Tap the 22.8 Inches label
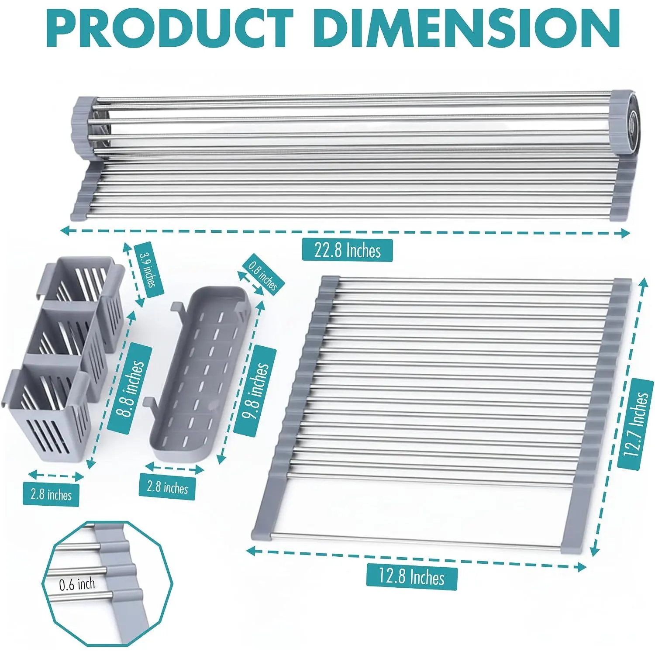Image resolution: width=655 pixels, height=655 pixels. pyautogui.click(x=348, y=251)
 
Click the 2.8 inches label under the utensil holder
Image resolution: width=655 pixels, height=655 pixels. pyautogui.click(x=51, y=495)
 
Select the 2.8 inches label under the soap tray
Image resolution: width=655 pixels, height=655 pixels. pyautogui.click(x=167, y=487)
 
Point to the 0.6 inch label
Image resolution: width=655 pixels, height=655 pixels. pyautogui.click(x=77, y=584)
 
